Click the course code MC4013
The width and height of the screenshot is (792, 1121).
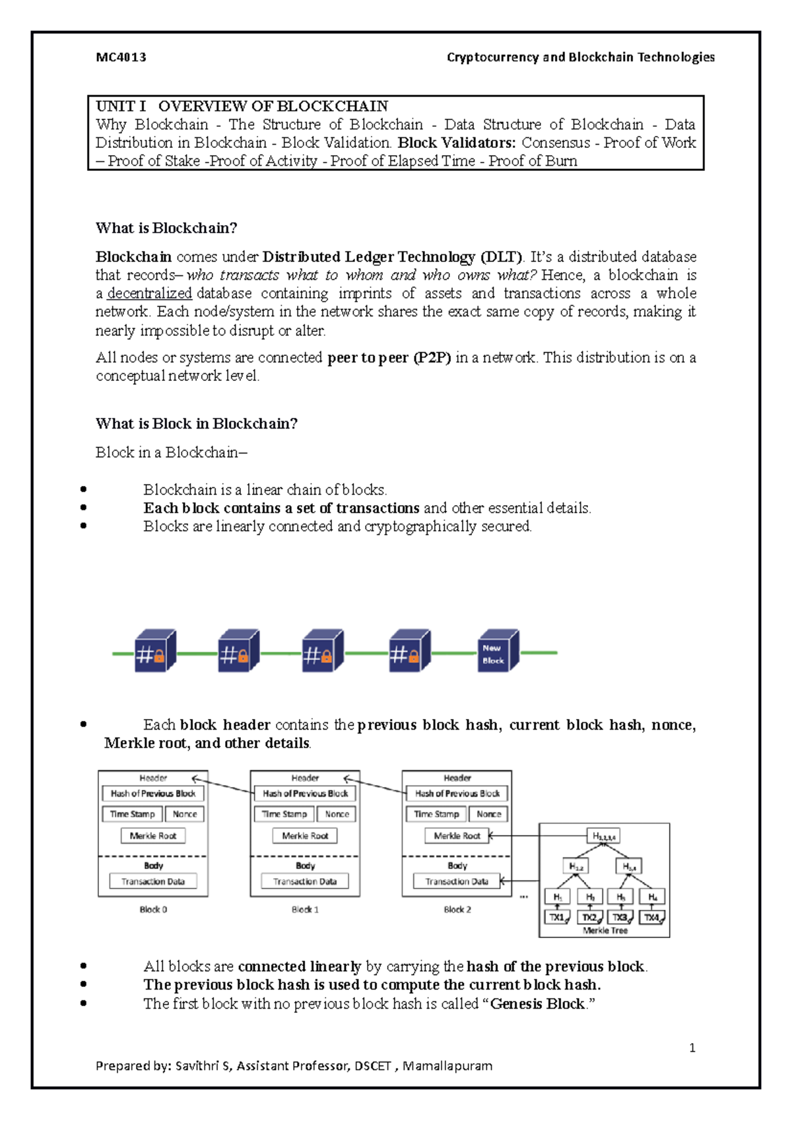click(x=121, y=57)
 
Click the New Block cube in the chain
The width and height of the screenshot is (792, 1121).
click(x=496, y=653)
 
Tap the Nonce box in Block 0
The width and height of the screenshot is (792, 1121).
click(x=185, y=814)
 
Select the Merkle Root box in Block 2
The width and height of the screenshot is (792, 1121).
click(x=457, y=836)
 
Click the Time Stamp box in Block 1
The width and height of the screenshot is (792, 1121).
click(x=284, y=814)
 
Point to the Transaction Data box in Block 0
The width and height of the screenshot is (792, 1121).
click(x=153, y=881)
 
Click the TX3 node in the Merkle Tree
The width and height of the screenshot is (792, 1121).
click(x=620, y=917)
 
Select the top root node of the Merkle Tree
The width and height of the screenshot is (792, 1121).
click(x=603, y=836)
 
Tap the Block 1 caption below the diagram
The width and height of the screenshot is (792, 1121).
click(x=305, y=910)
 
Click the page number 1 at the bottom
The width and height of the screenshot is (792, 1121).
click(x=692, y=1048)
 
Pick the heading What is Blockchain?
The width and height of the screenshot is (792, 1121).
click(x=166, y=228)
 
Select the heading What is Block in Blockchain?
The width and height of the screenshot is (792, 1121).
click(x=197, y=424)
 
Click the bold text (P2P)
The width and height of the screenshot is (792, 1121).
click(x=432, y=358)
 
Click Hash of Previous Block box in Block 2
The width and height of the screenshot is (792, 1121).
click(x=457, y=794)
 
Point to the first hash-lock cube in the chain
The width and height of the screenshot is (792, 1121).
click(x=154, y=652)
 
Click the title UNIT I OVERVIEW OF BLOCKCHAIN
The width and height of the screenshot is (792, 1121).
click(x=242, y=106)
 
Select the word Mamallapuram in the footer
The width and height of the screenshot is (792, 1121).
click(x=447, y=1066)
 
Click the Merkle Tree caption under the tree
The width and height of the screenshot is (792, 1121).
click(x=605, y=930)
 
